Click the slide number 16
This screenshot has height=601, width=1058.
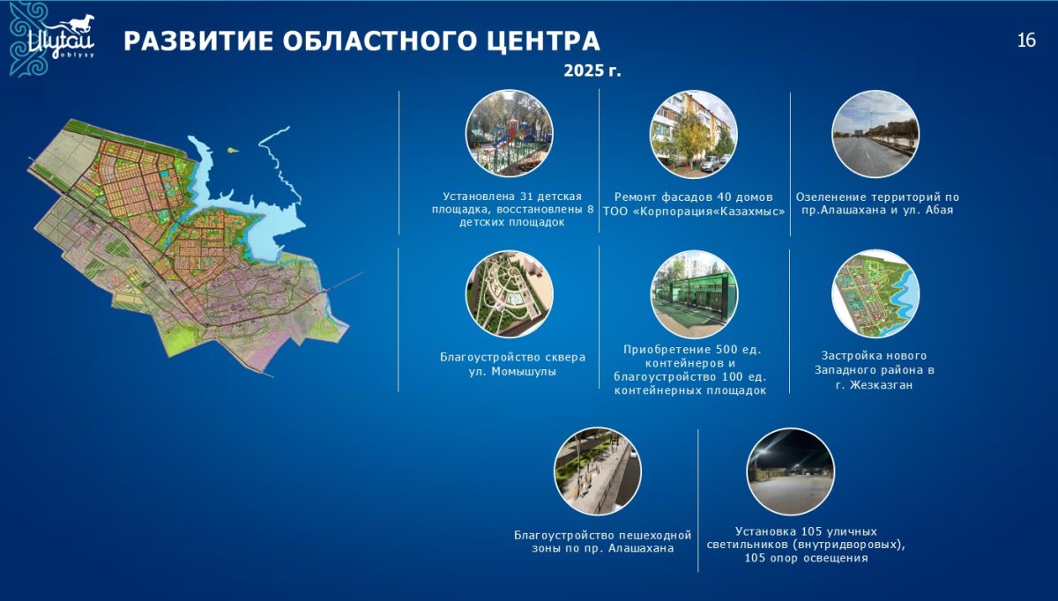(1026, 41)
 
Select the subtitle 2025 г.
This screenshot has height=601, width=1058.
(592, 70)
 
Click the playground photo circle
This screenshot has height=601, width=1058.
(510, 134)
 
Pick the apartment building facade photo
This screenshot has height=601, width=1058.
(693, 135)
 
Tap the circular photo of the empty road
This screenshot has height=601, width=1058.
(875, 134)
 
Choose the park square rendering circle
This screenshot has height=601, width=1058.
(510, 294)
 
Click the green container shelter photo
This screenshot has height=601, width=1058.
(693, 294)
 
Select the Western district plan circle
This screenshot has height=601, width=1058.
(875, 293)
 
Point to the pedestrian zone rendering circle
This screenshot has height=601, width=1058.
(598, 471)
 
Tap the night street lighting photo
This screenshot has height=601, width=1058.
(790, 471)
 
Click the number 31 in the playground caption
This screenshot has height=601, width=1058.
(527, 196)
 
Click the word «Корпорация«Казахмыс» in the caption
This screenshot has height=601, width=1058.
(709, 211)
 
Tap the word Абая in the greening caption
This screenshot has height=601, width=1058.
(939, 210)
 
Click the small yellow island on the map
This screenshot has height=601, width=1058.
(231, 150)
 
